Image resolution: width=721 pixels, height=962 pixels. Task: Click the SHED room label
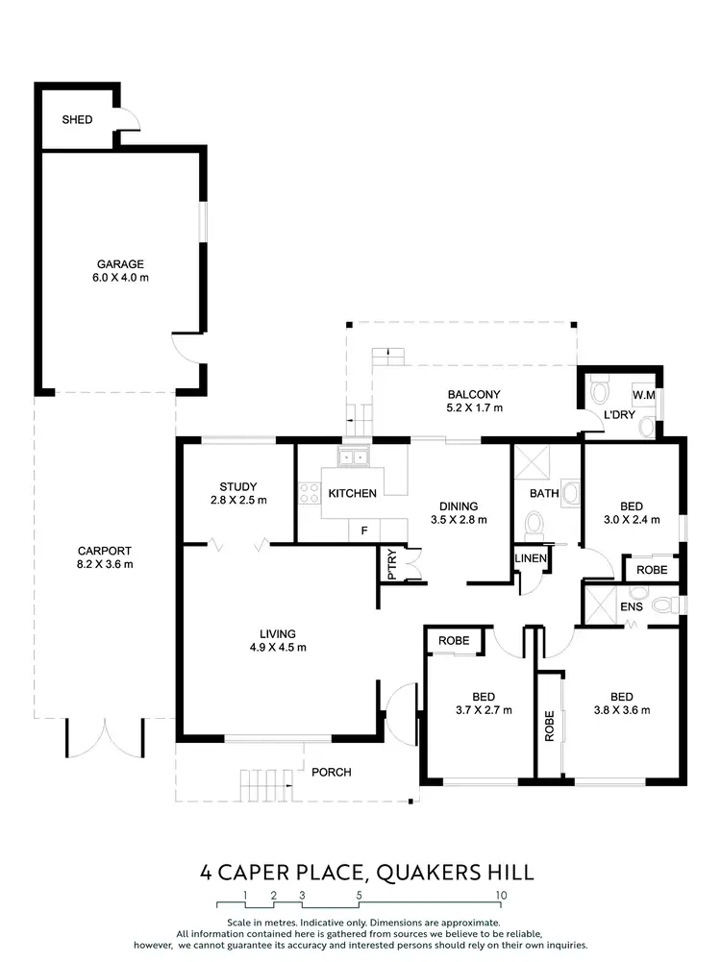tap(77, 120)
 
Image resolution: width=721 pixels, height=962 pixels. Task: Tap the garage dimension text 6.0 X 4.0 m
tap(120, 278)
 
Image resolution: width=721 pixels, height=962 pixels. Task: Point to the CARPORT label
tap(105, 551)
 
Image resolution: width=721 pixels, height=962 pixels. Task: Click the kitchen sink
tap(352, 458)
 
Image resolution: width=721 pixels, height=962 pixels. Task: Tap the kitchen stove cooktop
tap(311, 494)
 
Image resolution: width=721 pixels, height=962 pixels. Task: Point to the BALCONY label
tap(474, 394)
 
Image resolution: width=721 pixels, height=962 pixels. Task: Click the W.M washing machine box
tap(643, 395)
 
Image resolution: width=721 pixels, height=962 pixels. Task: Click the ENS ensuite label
tap(631, 608)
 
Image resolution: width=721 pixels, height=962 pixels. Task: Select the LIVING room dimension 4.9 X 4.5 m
tap(277, 647)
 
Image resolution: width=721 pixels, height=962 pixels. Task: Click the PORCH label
tap(332, 772)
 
